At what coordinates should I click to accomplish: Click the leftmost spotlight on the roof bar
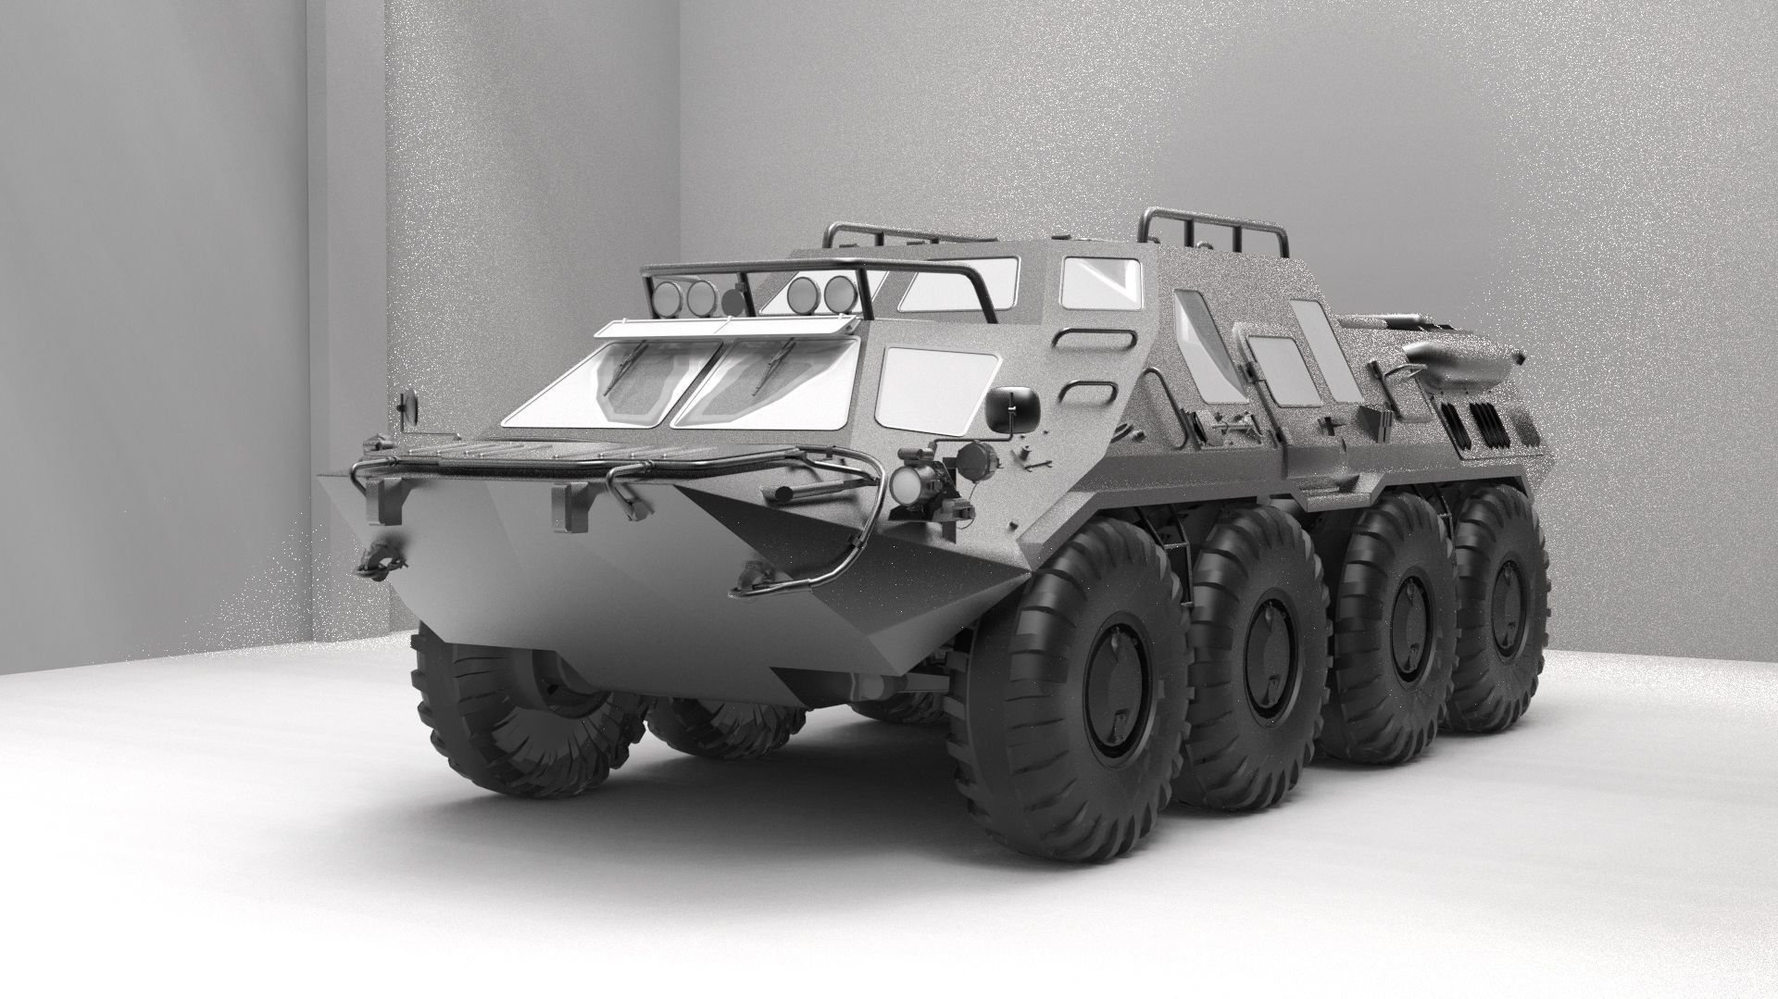[x=666, y=295]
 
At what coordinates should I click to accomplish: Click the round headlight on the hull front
[x=905, y=483]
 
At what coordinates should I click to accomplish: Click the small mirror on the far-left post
[x=408, y=406]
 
